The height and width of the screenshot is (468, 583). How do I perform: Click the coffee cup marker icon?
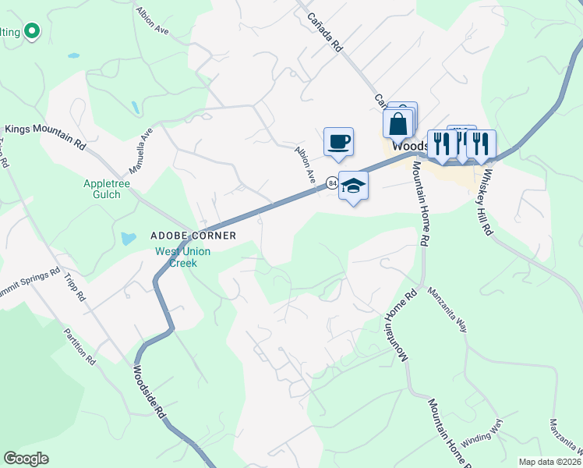coord(339,143)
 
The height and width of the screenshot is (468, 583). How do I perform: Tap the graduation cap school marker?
coord(353,186)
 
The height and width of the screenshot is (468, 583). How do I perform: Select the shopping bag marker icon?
coord(397,124)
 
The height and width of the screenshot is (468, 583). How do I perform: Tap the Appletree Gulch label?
coord(102,189)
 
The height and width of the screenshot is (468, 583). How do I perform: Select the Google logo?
coord(26,459)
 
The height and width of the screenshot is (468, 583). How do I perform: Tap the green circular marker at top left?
coord(31,32)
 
